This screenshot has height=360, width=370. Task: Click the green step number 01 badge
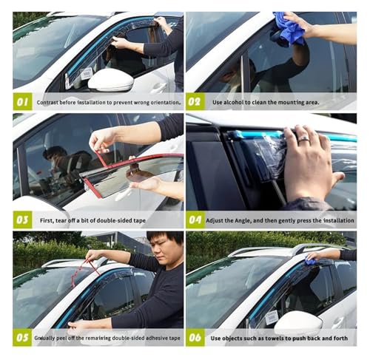coord(22,101)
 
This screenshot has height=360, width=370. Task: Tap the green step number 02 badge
coord(195,101)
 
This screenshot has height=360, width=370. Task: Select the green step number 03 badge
coord(22,220)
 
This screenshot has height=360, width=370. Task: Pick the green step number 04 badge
coord(195,220)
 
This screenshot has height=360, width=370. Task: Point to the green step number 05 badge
coord(22,337)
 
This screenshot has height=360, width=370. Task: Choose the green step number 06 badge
coord(195,337)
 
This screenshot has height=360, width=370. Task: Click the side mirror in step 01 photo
coord(111,80)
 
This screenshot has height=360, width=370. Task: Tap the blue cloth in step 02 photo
coord(289,28)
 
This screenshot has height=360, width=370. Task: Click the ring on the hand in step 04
coord(304,139)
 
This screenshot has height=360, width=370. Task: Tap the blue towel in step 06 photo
coord(310,259)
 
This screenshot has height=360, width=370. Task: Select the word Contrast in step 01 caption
coord(47,102)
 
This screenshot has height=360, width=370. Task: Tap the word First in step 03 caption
coord(47,220)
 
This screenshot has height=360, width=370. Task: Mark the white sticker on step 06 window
coord(272,317)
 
